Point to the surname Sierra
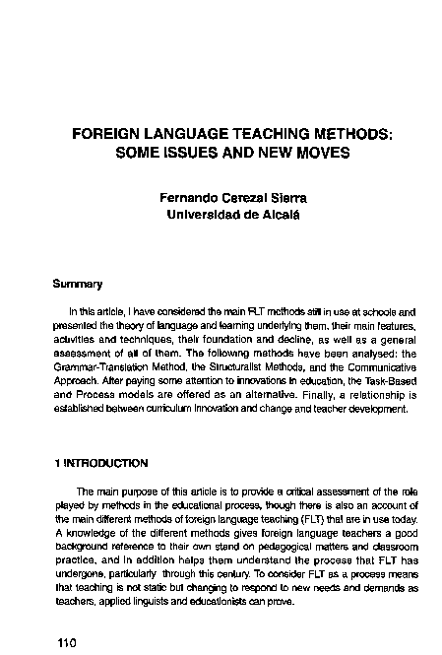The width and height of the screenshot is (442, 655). click(x=286, y=197)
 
